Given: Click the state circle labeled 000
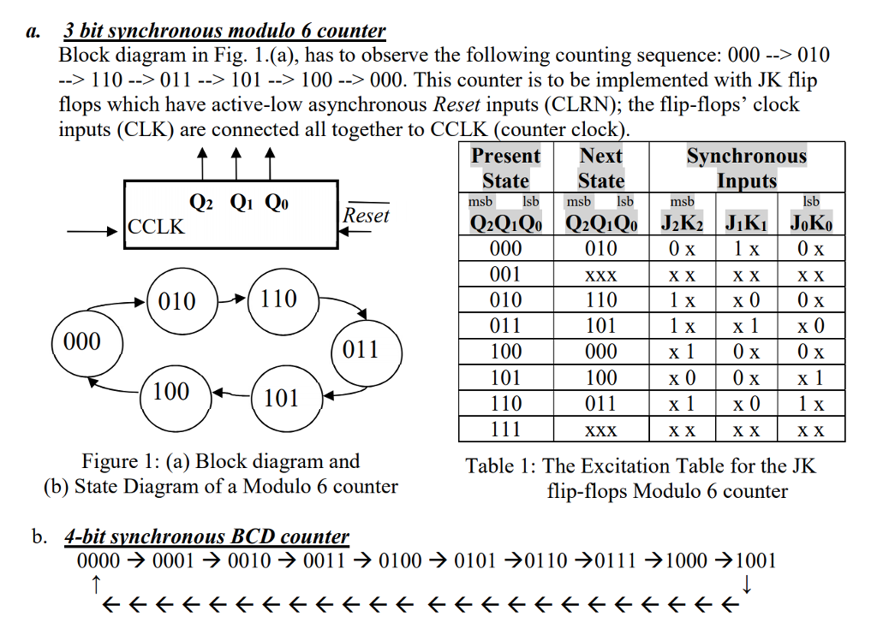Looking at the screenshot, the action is point(83,342).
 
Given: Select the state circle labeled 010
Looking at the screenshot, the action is point(176,301).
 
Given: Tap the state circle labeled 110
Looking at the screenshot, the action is point(279,299).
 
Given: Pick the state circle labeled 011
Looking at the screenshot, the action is point(360,349).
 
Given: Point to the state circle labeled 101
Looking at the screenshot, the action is point(281,399).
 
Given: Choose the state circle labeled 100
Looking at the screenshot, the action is point(171,392).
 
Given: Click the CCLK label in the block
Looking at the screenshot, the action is point(157,227).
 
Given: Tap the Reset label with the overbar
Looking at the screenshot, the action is point(367,216).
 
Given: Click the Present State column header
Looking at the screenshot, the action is point(505,168).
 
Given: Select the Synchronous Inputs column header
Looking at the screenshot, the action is point(746,168).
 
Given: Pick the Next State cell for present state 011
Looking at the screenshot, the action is point(600,326).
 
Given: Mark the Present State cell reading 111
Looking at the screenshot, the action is point(505,430).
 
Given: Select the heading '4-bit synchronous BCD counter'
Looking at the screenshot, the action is point(206,537).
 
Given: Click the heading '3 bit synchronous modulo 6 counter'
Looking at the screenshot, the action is point(225,32).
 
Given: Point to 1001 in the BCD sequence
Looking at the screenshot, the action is point(755,561).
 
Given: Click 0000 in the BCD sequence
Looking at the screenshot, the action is point(98,561).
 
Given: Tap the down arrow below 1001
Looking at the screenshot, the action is point(748,585).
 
